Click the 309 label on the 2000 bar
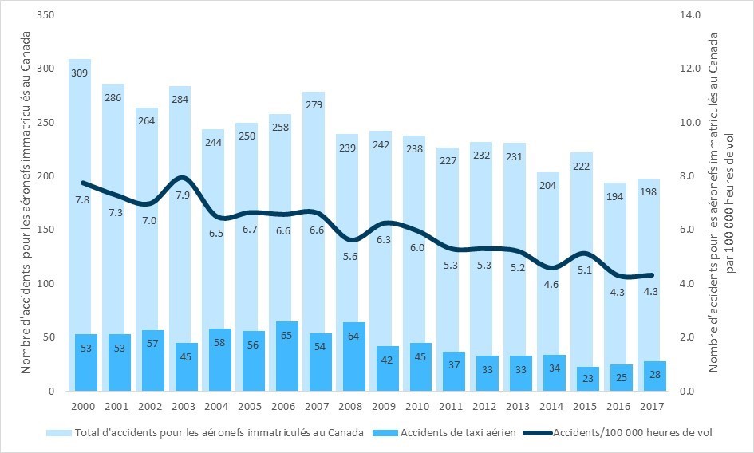tap(79, 73)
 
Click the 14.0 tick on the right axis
tap(692, 15)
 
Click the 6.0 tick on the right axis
tap(692, 230)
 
